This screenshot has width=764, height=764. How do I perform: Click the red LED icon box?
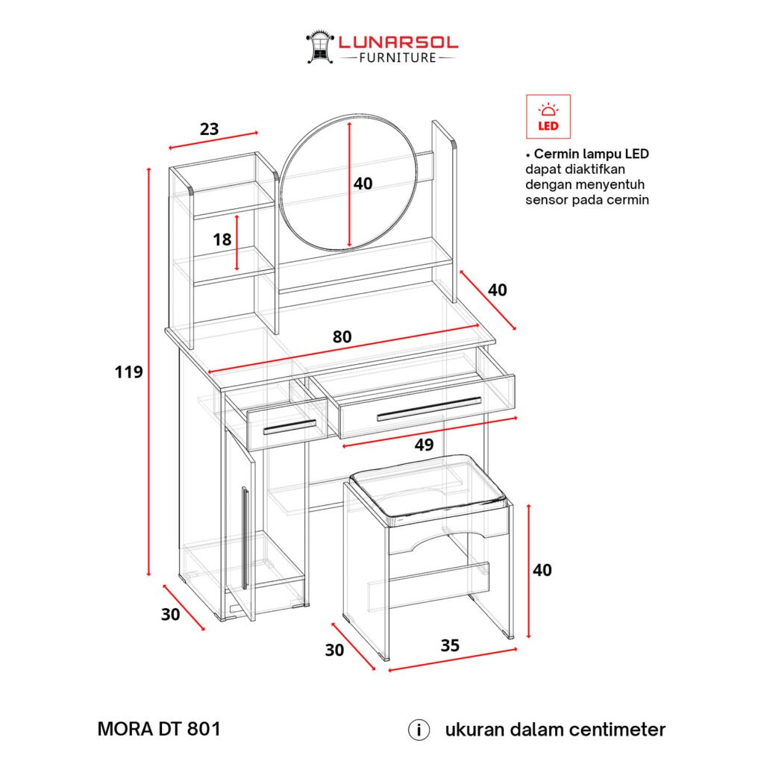tap(548, 117)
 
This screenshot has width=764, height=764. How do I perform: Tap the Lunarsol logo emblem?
tap(319, 47)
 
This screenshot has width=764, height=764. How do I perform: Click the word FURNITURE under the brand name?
tap(398, 58)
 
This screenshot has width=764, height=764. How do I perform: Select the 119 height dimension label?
tap(128, 372)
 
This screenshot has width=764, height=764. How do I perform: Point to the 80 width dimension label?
tap(342, 336)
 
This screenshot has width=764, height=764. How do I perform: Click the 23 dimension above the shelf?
tap(210, 129)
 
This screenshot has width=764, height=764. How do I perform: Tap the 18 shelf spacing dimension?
tap(222, 239)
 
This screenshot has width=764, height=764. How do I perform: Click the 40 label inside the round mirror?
tap(363, 184)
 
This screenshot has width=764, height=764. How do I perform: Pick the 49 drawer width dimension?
tap(424, 445)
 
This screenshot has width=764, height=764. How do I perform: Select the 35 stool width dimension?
tap(450, 645)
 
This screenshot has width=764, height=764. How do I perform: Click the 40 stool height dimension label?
tap(542, 570)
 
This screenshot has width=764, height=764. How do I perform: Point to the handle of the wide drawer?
tap(429, 409)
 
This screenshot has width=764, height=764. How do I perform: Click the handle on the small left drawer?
tap(289, 427)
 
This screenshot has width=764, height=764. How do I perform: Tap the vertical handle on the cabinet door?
tap(245, 537)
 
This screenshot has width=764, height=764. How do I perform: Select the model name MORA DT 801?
tap(160, 729)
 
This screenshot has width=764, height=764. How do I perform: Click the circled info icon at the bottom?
tap(419, 730)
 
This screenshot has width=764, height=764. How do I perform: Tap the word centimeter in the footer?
tap(617, 730)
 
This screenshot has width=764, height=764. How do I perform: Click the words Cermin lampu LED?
tap(592, 154)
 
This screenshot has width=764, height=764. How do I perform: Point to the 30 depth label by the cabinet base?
tap(171, 615)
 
